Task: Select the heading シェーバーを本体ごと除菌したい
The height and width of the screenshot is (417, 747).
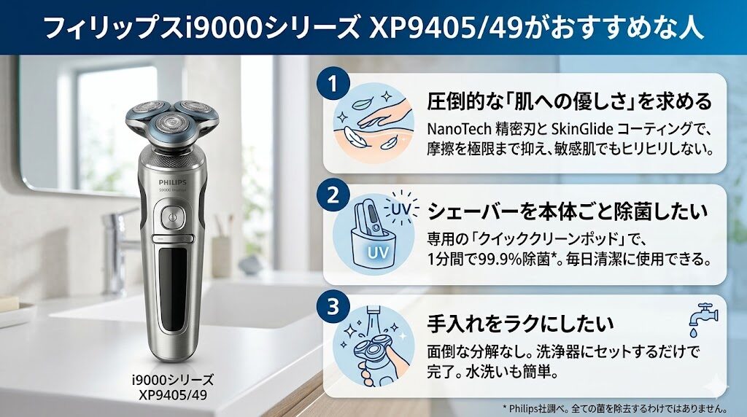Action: (x=568, y=212)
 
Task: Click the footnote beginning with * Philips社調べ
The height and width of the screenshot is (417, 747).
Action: (x=622, y=406)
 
